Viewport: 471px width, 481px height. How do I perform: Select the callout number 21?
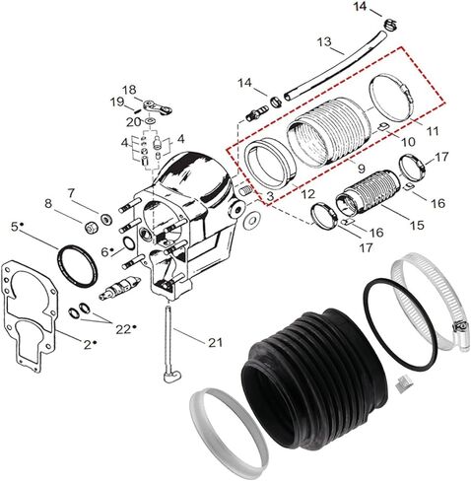click(217, 342)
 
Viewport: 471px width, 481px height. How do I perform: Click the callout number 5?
click(15, 227)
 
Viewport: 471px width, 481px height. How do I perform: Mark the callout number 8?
click(47, 204)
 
